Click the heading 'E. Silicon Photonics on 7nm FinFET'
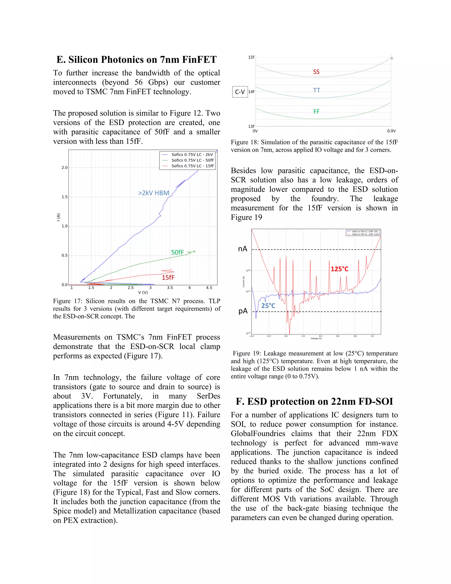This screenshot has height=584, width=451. (137, 59)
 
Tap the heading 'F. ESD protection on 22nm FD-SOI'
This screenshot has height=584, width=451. (314, 401)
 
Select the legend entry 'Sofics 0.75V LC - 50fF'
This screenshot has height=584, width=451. (192, 160)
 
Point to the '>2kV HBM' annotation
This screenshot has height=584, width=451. (154, 193)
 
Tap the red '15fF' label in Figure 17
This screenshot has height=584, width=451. (168, 277)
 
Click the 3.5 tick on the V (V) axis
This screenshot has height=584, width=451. (170, 288)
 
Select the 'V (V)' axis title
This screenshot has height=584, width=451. (143, 292)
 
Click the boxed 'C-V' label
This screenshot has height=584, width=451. (240, 92)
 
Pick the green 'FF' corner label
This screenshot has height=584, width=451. (316, 112)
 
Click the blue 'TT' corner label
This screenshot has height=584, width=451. (317, 90)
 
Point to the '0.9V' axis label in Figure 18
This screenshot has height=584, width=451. (391, 131)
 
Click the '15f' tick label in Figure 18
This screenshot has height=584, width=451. (251, 57)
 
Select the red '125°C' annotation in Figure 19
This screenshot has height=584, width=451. (339, 269)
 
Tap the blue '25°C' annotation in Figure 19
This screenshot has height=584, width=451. (268, 306)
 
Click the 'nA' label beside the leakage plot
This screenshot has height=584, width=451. (243, 249)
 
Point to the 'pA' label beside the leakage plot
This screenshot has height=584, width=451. (243, 311)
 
